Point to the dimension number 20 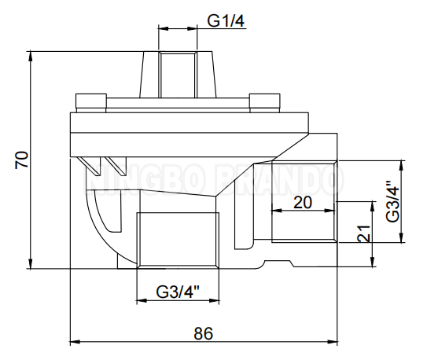pyautogui.click(x=302, y=202)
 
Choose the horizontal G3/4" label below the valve pyautogui.click(x=178, y=291)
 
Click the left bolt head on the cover pyautogui.click(x=90, y=100)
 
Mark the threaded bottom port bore pyautogui.click(x=177, y=240)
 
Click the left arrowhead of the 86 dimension pyautogui.click(x=75, y=343)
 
